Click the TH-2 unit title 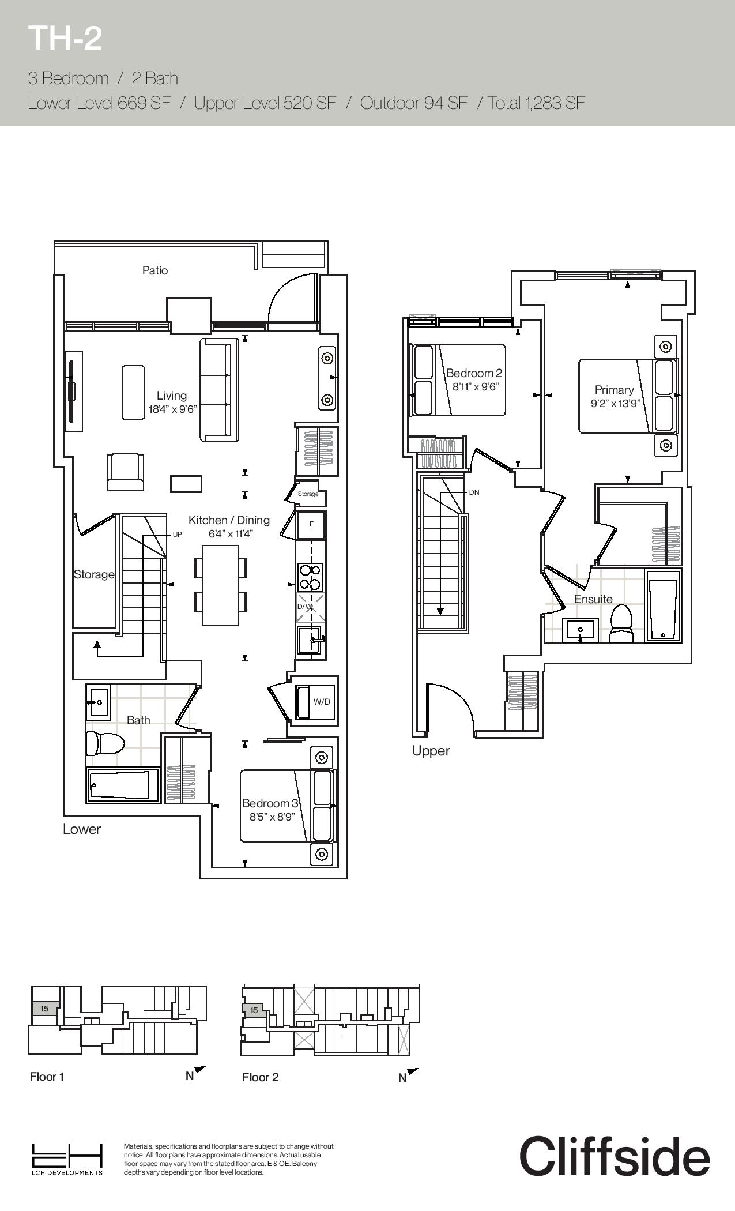(x=65, y=38)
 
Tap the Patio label (x=155, y=270)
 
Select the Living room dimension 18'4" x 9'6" (x=172, y=409)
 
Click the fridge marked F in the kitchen (x=311, y=524)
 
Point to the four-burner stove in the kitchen (x=310, y=577)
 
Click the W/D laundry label (x=322, y=701)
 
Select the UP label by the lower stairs (x=177, y=535)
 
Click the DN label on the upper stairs (x=474, y=492)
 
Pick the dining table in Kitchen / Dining (x=220, y=585)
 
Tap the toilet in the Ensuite (x=621, y=623)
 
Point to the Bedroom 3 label (x=270, y=803)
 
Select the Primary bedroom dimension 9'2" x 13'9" (x=615, y=404)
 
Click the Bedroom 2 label (x=474, y=373)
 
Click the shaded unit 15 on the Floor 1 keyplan (x=45, y=1009)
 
